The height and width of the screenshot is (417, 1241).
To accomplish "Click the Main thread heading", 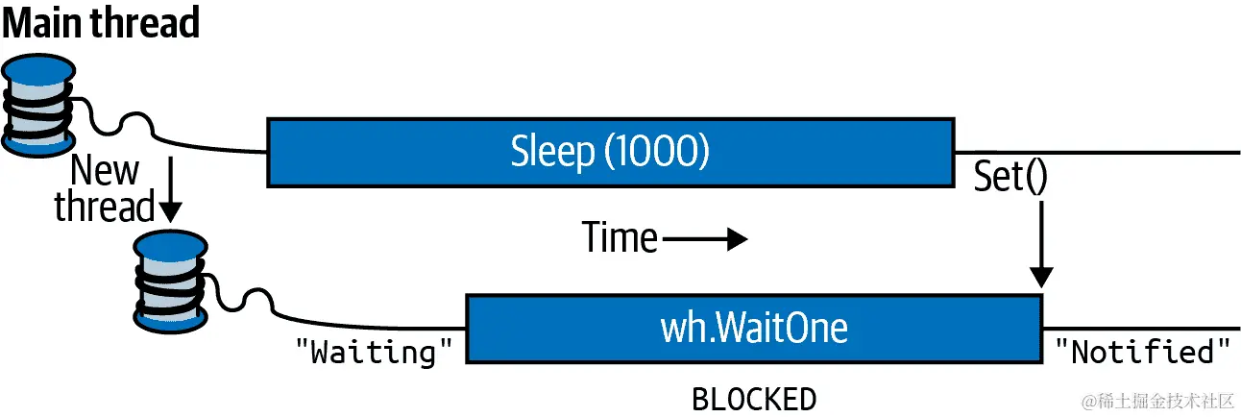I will coord(101,22).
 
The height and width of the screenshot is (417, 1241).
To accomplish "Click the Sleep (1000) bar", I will coord(610,152).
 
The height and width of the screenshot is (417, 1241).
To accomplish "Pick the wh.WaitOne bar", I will coord(753,329).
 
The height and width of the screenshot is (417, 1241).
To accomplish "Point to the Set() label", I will coord(1010,177).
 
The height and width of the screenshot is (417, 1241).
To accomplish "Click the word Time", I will coord(620,237).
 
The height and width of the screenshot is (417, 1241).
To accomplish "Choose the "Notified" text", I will coord(1142,352).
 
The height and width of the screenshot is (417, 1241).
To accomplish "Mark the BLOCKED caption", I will coord(754,398).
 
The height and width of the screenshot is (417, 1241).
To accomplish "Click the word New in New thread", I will coord(105,171).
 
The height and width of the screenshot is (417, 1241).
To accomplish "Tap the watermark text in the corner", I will coord(1157,400).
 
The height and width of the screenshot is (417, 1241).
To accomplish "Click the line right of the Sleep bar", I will coord(1095,152).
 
